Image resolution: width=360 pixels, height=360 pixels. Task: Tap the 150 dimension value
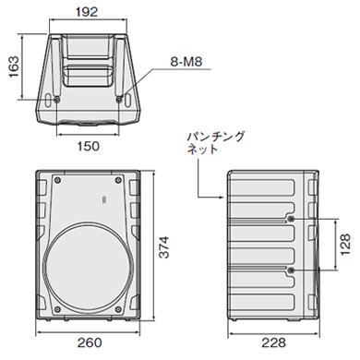[x=88, y=145]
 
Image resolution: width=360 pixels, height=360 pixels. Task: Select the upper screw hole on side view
[x=292, y=219]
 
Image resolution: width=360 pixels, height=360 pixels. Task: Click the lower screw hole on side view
[x=292, y=269]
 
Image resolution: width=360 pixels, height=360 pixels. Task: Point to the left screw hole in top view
[x=57, y=100]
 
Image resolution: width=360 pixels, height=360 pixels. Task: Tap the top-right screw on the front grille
[x=121, y=179]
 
